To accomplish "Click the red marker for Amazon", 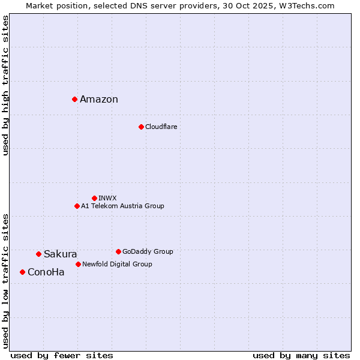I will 74,99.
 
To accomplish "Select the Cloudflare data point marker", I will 141,127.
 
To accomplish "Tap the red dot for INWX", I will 94,198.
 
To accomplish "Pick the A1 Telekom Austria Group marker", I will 77,206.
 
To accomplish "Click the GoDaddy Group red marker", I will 118,251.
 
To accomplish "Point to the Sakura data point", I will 38,254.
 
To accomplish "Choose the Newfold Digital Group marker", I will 78,264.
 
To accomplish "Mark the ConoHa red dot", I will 22,272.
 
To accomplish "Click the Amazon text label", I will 99,100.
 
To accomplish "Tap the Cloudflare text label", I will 161,127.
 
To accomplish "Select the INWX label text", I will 107,198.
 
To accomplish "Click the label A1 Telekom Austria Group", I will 122,206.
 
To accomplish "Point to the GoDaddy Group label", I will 148,251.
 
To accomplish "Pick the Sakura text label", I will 60,254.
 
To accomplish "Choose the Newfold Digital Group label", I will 117,264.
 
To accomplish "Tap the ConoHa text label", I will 46,272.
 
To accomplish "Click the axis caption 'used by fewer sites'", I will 62,355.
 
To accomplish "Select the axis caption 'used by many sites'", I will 301,355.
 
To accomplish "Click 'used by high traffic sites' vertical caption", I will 6,85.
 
